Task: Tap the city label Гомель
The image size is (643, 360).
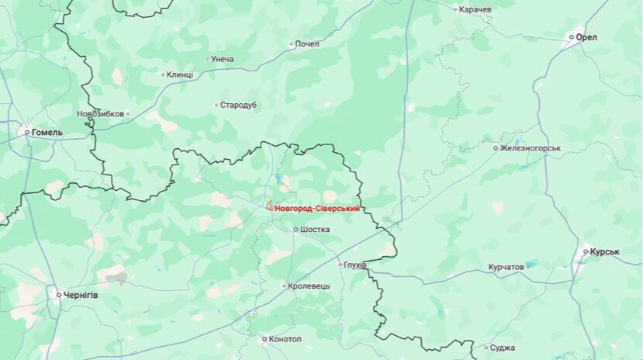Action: point(47,133)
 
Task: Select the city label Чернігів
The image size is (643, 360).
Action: point(81,295)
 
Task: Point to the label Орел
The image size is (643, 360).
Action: point(586,36)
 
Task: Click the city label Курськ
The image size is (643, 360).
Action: point(604,251)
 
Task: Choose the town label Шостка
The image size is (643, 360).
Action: point(315,230)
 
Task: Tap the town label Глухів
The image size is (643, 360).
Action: point(356,265)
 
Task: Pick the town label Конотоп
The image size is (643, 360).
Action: point(285,339)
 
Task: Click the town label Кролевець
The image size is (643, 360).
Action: point(309,286)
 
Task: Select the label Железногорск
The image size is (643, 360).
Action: point(531,147)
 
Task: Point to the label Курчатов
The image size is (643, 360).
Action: point(506,267)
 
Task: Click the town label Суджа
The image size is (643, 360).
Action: point(504,348)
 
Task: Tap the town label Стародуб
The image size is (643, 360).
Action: point(239,105)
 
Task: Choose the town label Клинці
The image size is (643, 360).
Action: point(180,74)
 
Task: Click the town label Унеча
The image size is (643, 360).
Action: point(223,59)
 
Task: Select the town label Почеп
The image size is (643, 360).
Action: point(307,44)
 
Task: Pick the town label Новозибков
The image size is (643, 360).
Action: point(101,114)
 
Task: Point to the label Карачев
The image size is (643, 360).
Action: point(475,9)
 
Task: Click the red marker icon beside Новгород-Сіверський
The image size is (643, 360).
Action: point(269,206)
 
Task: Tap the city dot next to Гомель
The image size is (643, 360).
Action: point(27,133)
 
